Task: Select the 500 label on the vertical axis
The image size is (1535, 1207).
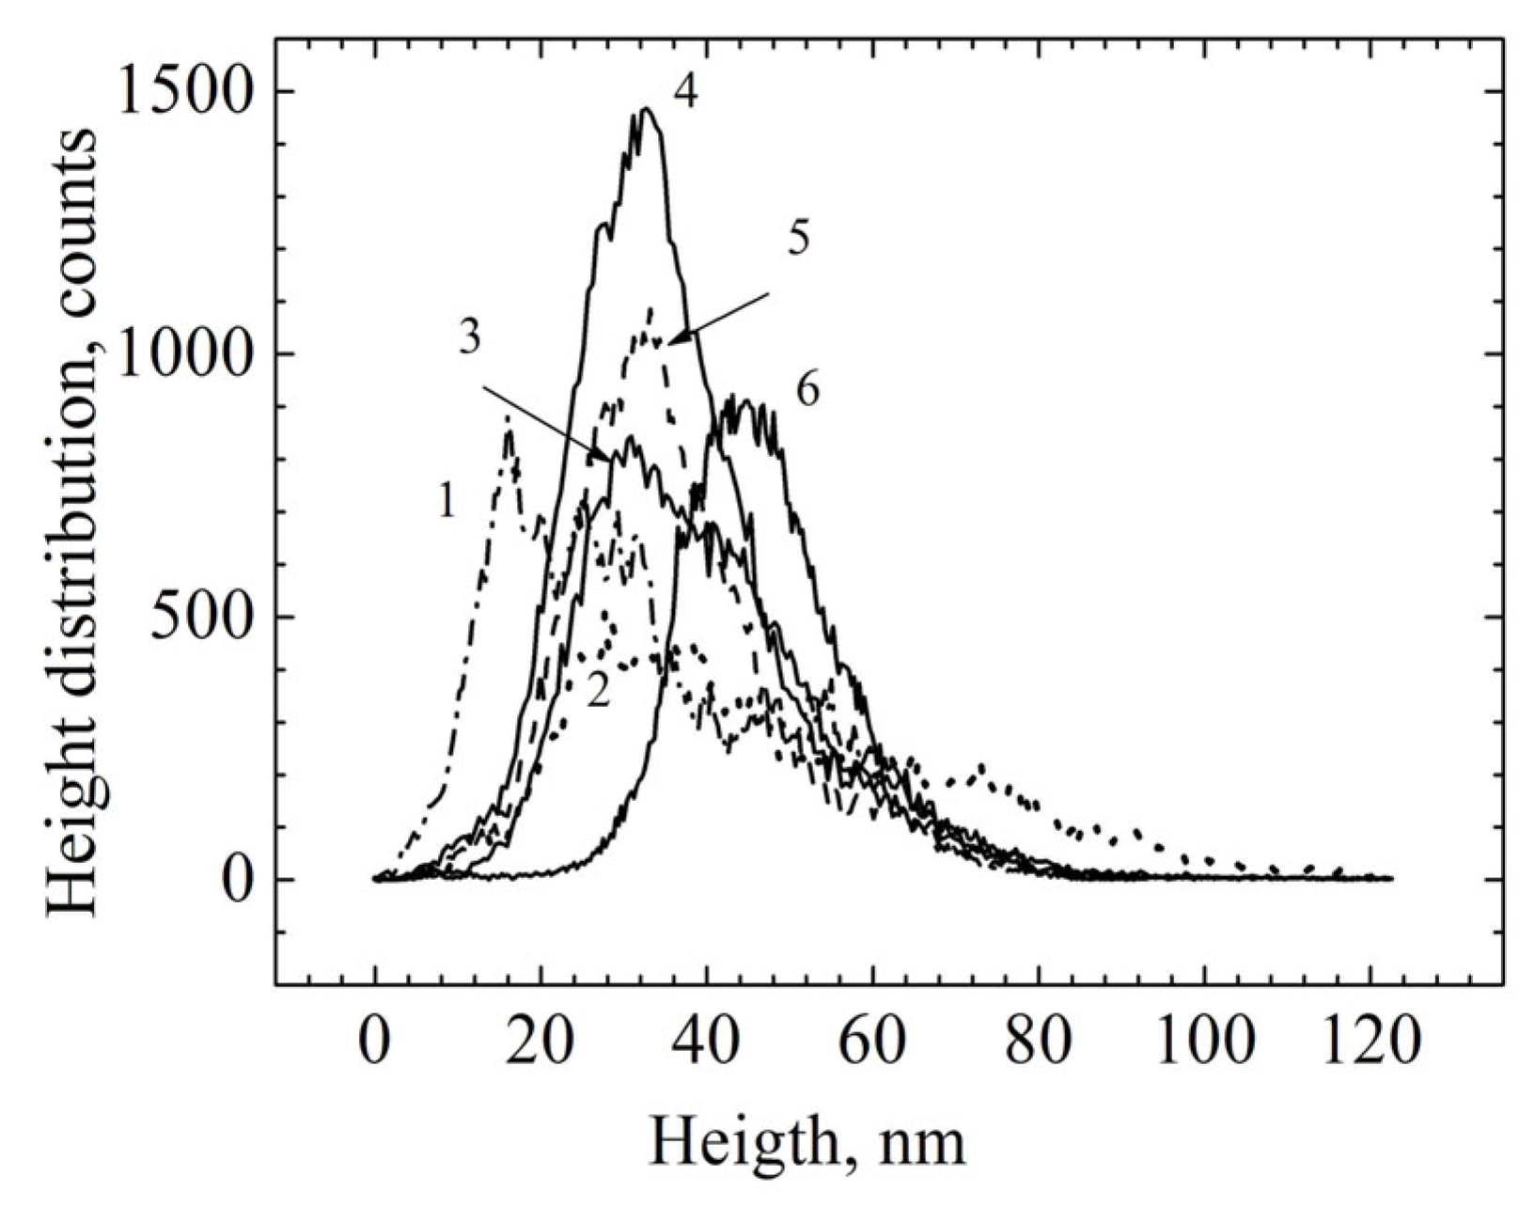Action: click(x=203, y=618)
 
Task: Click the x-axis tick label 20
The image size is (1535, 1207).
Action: click(x=540, y=1042)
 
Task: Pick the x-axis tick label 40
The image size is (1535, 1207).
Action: click(x=707, y=1042)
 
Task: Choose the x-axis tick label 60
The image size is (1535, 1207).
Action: click(x=872, y=1042)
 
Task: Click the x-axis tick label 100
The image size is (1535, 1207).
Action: click(x=1204, y=1042)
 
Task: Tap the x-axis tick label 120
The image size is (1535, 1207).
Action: click(x=1370, y=1042)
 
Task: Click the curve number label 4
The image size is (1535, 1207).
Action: click(x=686, y=92)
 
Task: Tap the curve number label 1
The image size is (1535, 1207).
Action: click(x=447, y=503)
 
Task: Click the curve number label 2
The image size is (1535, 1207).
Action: click(x=599, y=693)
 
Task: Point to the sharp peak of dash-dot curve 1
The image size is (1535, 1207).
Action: click(x=509, y=428)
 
